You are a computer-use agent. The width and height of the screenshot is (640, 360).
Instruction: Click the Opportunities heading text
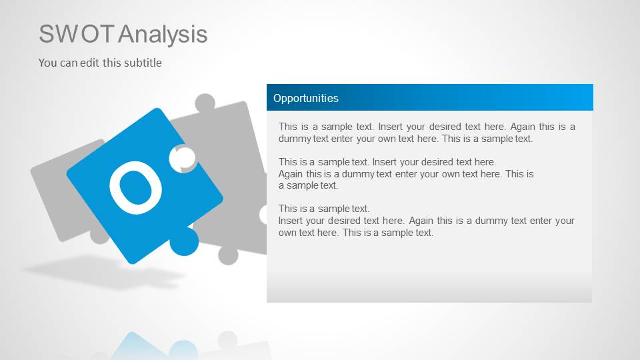305,98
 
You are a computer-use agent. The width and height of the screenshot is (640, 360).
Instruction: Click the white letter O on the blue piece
136,187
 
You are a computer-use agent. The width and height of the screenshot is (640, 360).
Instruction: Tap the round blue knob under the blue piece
183,241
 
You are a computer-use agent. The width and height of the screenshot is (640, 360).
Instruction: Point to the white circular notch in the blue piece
183,158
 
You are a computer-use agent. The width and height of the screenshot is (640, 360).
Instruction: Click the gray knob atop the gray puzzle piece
205,103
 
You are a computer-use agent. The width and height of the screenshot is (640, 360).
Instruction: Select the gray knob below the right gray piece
228,255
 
